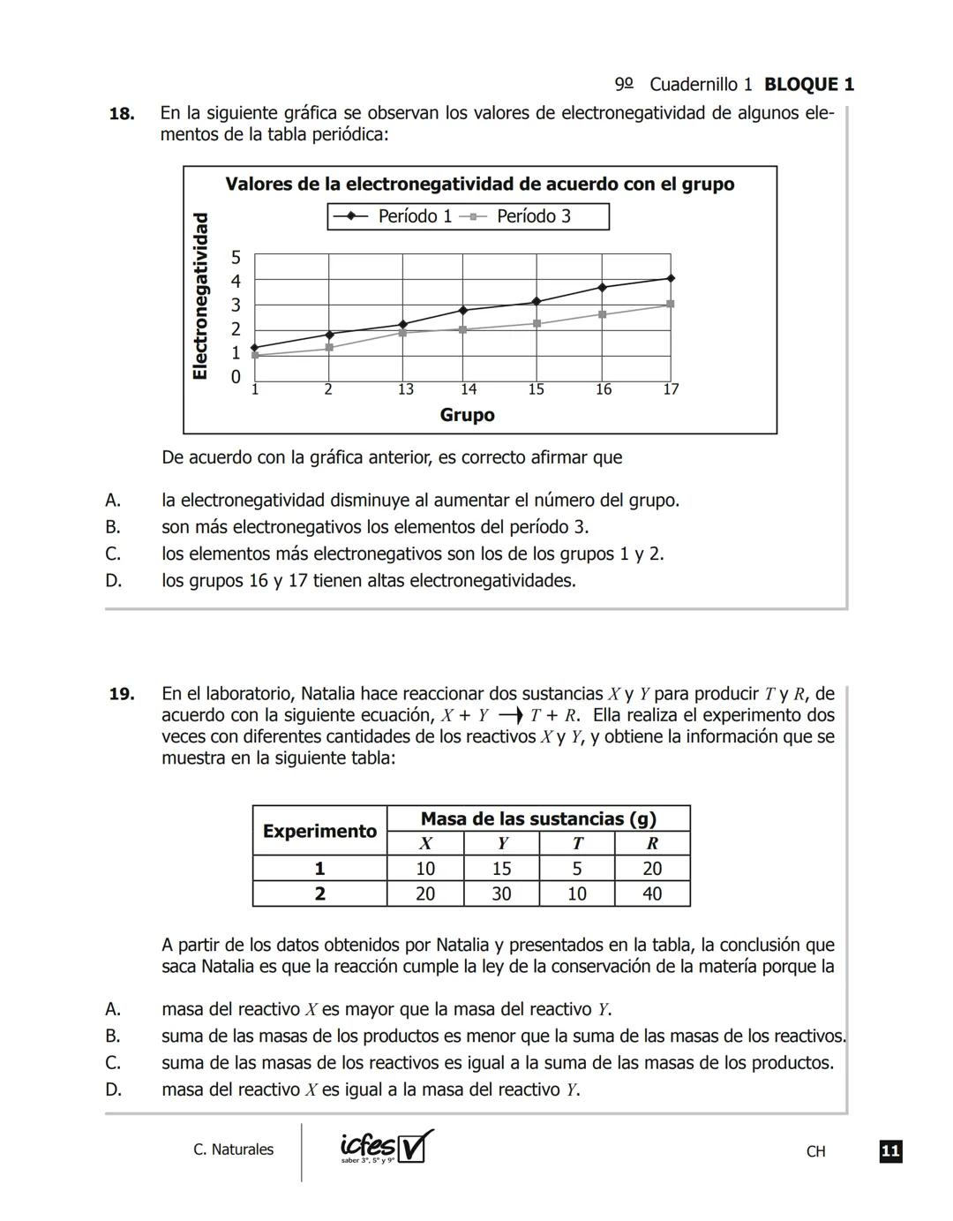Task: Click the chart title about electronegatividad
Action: point(479,185)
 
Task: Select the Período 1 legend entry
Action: point(393,216)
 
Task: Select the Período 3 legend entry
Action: point(521,216)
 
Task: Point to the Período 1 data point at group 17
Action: point(671,278)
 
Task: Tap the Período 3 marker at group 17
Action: point(671,304)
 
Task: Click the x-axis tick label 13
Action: point(405,389)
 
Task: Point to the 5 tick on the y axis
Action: point(236,258)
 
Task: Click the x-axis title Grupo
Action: point(467,415)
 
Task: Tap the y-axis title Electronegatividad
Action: point(201,296)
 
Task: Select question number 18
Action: point(122,114)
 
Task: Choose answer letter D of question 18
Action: point(113,581)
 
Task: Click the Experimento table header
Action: point(319,831)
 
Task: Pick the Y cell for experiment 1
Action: point(501,869)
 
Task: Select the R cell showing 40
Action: point(652,893)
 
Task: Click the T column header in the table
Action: point(576,843)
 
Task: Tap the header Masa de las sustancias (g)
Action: point(538,818)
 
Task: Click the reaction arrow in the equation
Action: point(512,715)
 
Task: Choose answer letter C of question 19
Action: point(113,1062)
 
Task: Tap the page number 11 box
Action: point(890,1150)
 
